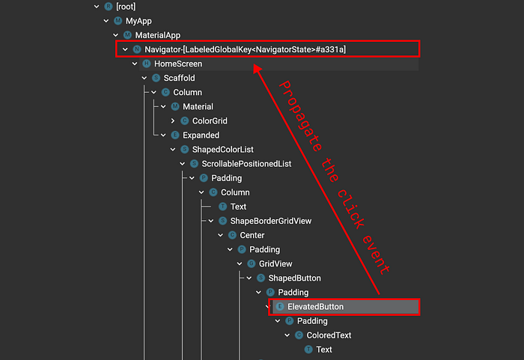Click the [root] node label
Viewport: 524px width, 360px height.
click(x=126, y=7)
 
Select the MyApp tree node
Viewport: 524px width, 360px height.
click(x=138, y=21)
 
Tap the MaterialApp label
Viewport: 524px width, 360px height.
click(x=158, y=35)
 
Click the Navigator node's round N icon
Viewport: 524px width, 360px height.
click(x=137, y=49)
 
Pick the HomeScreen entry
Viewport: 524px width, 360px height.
click(x=178, y=64)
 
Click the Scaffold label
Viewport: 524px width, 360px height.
click(x=179, y=79)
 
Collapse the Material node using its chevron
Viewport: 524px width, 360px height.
click(x=163, y=106)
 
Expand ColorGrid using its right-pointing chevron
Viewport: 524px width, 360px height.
click(x=173, y=121)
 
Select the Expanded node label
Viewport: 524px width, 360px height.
click(x=201, y=135)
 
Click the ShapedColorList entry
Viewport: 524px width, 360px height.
click(x=222, y=150)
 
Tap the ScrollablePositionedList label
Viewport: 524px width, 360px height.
click(x=246, y=164)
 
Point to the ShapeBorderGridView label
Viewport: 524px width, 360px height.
click(x=271, y=221)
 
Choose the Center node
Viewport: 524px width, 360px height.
click(x=252, y=235)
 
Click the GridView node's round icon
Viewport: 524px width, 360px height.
click(x=252, y=263)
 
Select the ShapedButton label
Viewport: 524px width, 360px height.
click(x=294, y=278)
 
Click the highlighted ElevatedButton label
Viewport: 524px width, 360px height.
click(x=315, y=307)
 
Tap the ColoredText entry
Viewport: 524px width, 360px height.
click(x=329, y=335)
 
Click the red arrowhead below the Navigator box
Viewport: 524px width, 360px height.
click(x=257, y=68)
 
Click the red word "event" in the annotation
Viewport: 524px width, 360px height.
click(x=376, y=254)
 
